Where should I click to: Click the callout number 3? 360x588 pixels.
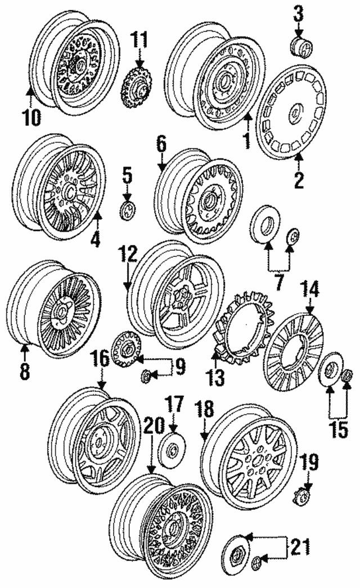(x=298, y=14)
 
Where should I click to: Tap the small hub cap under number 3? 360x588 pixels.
(x=303, y=48)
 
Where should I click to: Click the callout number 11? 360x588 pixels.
(x=139, y=39)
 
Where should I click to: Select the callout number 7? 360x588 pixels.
(x=278, y=282)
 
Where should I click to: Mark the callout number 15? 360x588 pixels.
(x=339, y=429)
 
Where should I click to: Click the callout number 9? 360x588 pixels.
(x=180, y=367)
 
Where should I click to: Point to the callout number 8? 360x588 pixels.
(x=25, y=370)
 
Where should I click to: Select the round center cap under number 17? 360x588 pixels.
(x=172, y=450)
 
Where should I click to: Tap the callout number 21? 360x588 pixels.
(x=300, y=546)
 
